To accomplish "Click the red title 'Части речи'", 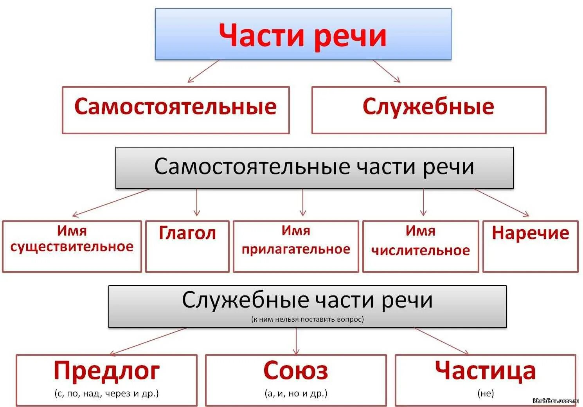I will tap(303, 35).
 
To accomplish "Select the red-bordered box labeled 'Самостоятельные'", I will tap(176, 110).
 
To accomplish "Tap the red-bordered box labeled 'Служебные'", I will tap(428, 110).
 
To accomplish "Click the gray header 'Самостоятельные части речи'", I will tap(314, 167).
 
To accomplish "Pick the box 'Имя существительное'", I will tap(72, 246).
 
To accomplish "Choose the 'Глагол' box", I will tap(187, 246).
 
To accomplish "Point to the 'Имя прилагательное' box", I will tap(296, 246).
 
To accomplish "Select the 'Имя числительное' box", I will tap(421, 246).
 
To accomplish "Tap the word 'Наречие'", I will tap(530, 233).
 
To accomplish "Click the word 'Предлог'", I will tap(106, 371).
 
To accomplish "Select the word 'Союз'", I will tap(296, 371).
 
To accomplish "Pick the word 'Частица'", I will tap(485, 371).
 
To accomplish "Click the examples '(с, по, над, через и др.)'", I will tap(106, 393).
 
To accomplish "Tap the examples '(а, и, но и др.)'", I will tap(296, 393).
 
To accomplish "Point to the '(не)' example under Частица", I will tap(486, 393).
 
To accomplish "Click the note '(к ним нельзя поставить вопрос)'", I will tap(308, 319).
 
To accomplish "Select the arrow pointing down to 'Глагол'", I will tap(197, 203).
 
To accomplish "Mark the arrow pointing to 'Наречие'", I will tap(502, 203).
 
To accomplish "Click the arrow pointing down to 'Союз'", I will tap(296, 341).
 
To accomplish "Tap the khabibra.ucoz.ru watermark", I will tap(556, 401).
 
